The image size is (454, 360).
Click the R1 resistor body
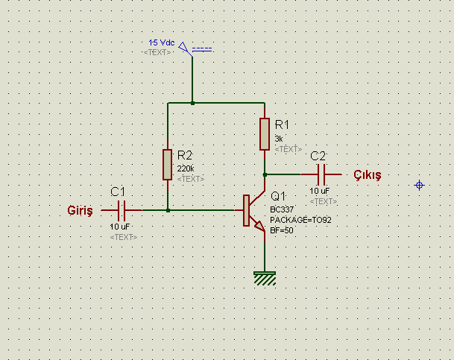click(265, 134)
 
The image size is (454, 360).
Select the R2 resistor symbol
click(167, 165)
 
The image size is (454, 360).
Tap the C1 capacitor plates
click(122, 210)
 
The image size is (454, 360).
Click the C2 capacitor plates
click(321, 174)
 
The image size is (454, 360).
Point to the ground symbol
click(265, 279)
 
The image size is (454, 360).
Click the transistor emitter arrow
click(259, 226)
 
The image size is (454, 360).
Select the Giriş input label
click(81, 210)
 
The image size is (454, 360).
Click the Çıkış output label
click(368, 175)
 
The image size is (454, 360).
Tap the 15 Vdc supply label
click(162, 42)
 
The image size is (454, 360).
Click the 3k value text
click(279, 139)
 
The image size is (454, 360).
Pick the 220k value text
click(186, 168)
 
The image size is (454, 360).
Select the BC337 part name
click(282, 209)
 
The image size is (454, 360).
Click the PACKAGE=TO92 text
click(300, 220)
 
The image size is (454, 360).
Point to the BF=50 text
click(282, 230)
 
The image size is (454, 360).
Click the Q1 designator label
click(278, 196)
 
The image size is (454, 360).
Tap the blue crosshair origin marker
click(419, 185)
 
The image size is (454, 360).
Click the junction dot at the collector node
click(265, 175)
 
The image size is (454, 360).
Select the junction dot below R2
click(168, 210)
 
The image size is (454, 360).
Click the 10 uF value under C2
click(319, 191)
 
